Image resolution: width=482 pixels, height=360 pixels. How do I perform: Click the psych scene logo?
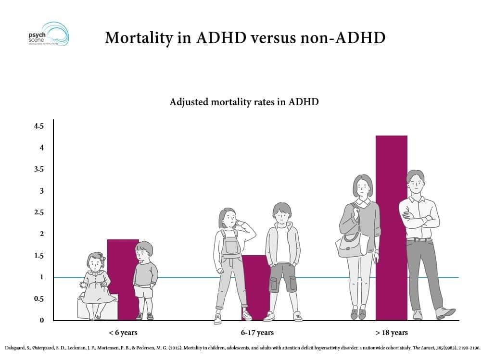pyautogui.click(x=49, y=34)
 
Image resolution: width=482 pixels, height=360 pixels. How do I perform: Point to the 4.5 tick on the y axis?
pyautogui.click(x=38, y=126)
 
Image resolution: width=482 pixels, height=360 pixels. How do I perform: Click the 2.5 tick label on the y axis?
pyautogui.click(x=38, y=212)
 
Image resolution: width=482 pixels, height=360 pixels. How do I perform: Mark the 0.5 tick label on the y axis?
pyautogui.click(x=38, y=299)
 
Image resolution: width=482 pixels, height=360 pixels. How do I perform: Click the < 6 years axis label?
pyautogui.click(x=123, y=333)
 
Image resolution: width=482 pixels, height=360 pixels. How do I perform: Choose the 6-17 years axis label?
pyautogui.click(x=257, y=333)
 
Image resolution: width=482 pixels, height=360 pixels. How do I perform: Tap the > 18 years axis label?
pyautogui.click(x=391, y=333)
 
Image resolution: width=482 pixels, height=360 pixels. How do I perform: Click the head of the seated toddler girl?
pyautogui.click(x=96, y=261)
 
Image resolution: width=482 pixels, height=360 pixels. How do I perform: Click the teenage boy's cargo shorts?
pyautogui.click(x=282, y=277)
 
